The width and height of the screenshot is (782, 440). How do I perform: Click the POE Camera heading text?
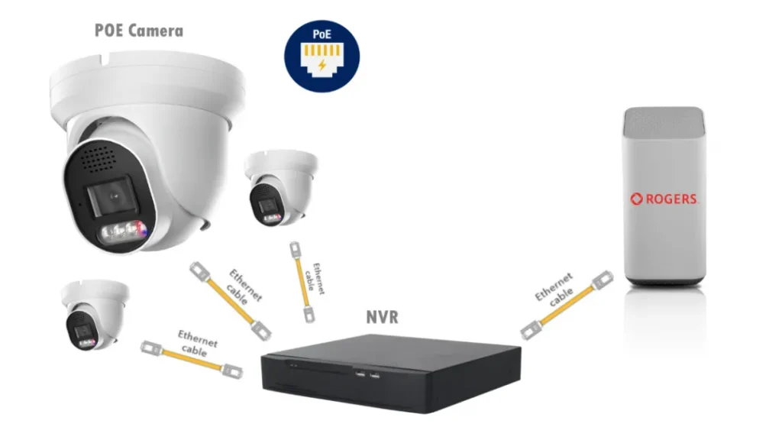pos(139,31)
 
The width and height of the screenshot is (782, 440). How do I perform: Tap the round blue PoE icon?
pos(322,56)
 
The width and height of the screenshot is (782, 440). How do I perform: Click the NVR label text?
pos(381,316)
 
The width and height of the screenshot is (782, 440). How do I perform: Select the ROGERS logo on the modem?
pos(664,199)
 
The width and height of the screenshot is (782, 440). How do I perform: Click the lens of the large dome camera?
pos(113,196)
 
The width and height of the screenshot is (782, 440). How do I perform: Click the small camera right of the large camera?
pos(278,187)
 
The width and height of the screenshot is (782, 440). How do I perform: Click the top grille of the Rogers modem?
pos(663,121)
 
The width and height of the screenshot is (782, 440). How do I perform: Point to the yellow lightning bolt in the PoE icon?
pos(322,66)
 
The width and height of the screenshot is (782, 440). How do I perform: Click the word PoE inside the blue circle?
pos(322,36)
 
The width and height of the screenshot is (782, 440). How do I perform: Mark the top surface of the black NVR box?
pos(389,349)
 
